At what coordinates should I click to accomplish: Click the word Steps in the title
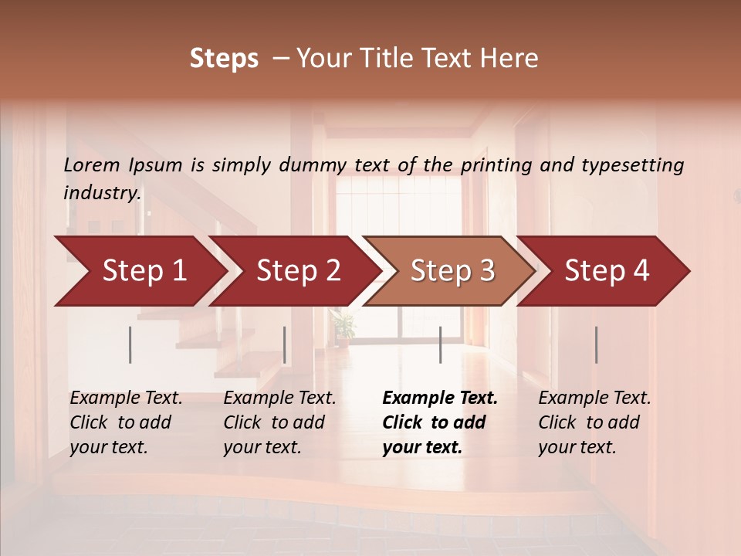click(224, 59)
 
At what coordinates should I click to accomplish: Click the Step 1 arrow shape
click(139, 270)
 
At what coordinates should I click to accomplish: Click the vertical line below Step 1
click(130, 344)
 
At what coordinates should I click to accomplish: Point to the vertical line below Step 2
click(285, 344)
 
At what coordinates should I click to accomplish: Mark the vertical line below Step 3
click(440, 344)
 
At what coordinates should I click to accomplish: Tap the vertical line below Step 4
click(596, 344)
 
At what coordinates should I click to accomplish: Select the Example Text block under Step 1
click(126, 422)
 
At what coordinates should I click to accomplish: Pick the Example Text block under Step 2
click(279, 422)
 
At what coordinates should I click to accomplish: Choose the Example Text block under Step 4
click(594, 422)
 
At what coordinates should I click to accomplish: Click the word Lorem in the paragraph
click(92, 164)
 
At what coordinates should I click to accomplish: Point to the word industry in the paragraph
click(102, 193)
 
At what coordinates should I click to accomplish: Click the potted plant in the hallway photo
click(343, 324)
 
